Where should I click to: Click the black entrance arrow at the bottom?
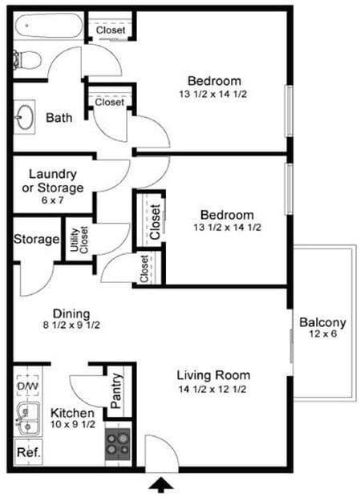pos(161,484)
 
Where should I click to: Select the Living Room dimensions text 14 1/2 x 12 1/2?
pos(213,390)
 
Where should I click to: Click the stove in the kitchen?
pos(118,444)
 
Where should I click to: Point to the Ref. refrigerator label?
pos(28,452)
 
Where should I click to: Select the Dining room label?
pos(71,313)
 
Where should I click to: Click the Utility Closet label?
pos(79,240)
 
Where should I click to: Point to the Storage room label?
pos(37,240)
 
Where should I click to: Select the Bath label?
pos(59,118)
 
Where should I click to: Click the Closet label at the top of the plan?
pos(110,30)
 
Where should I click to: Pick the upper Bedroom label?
pos(214,81)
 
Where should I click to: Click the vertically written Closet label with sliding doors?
pos(154,216)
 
